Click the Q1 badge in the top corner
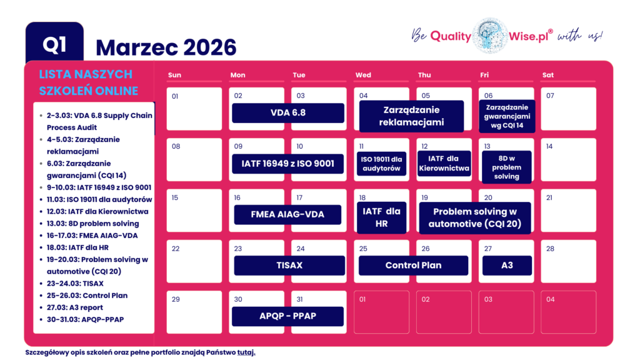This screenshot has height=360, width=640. (x=54, y=44)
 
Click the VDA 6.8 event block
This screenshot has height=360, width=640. (x=287, y=113)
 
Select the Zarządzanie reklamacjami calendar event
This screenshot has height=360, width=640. (x=411, y=116)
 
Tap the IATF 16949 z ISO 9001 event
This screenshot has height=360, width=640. (x=287, y=164)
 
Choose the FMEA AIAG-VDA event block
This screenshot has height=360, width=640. (x=287, y=214)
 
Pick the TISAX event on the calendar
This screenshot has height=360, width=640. (x=289, y=265)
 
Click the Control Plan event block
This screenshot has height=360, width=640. (x=413, y=265)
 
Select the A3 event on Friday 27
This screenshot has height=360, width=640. (x=506, y=265)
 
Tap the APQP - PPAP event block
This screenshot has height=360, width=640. (x=287, y=316)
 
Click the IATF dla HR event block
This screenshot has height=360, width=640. (x=381, y=217)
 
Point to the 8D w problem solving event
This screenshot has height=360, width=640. (x=506, y=167)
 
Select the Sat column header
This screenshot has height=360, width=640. (x=547, y=75)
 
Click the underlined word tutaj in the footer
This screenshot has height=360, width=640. (x=246, y=352)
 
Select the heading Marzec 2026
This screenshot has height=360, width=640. (x=166, y=47)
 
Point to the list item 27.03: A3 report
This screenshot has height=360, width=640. (x=75, y=307)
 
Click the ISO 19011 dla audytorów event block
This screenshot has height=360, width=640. (x=381, y=164)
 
